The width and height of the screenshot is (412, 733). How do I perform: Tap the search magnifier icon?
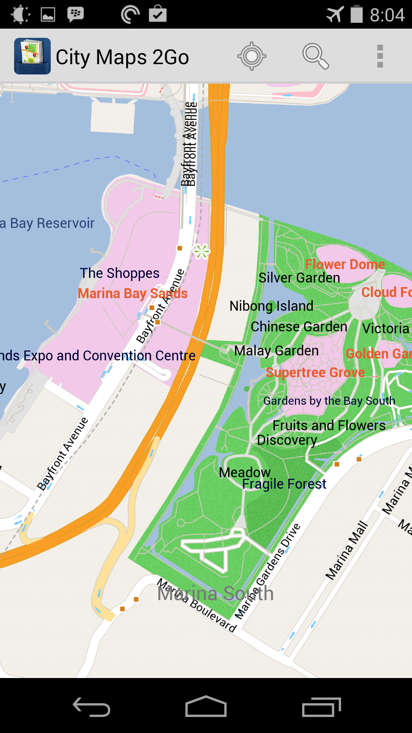coord(315,57)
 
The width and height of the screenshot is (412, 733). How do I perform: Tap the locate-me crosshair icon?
coord(252,57)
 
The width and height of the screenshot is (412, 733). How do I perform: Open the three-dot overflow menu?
coord(380,57)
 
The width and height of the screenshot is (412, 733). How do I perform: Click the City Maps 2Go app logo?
coord(32,56)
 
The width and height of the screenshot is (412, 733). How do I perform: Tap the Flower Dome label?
coord(345,264)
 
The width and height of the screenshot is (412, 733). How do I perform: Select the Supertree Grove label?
coord(315,372)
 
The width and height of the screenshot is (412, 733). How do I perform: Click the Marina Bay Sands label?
coord(132,294)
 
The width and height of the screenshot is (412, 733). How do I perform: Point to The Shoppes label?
coord(119,273)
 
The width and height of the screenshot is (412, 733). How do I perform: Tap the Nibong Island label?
coord(271,306)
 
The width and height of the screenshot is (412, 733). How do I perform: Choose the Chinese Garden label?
coord(299,327)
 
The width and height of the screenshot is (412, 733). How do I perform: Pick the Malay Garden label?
coord(276,350)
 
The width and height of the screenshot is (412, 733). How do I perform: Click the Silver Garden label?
coord(299,278)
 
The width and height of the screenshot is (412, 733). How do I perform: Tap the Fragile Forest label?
coord(284,484)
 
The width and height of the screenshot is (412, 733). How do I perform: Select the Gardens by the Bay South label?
coord(329,401)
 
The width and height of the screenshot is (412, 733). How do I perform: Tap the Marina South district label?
coord(216,594)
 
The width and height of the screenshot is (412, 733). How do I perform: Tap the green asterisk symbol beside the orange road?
coord(202,252)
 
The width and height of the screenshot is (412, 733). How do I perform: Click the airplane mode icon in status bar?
coord(335,15)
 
